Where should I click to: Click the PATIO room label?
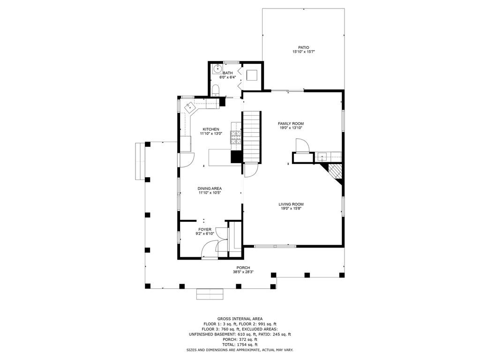303,47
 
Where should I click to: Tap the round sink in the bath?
217,69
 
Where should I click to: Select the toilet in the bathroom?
216,89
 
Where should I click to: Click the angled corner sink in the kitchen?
191,107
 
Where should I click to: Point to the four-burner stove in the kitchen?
235,136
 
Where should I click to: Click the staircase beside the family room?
252,136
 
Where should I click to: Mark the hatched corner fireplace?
335,172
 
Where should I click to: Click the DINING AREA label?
210,188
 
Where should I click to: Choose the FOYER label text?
205,229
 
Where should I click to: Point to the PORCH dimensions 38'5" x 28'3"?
243,272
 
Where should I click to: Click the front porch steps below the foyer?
211,294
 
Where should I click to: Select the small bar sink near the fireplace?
322,157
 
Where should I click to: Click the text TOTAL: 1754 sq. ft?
240,345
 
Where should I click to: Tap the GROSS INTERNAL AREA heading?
240,318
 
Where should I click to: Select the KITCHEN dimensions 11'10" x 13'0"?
210,134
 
